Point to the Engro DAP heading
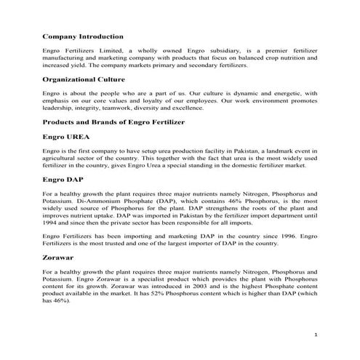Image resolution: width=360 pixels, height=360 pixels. pos(63,178)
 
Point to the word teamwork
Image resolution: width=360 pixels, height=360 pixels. pos(116,106)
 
